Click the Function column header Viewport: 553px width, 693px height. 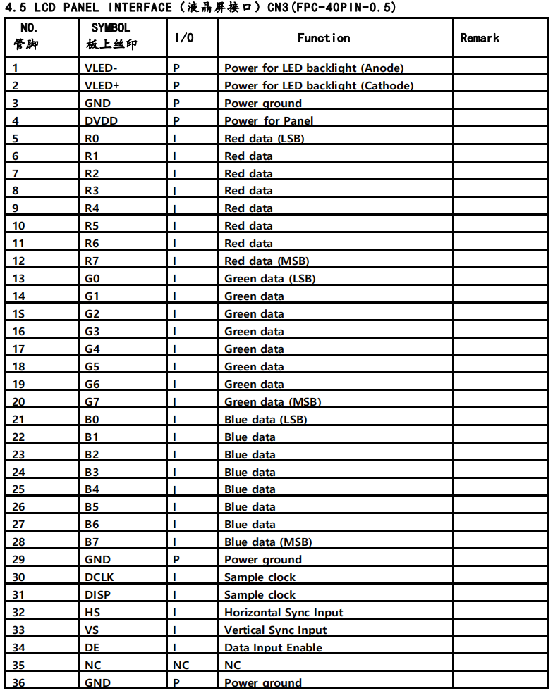(x=324, y=38)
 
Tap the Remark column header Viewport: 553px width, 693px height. (x=480, y=38)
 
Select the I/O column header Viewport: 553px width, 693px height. (x=184, y=38)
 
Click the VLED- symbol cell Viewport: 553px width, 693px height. (x=101, y=68)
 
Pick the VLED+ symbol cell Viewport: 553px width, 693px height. (x=102, y=86)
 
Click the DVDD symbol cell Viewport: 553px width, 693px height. (x=101, y=121)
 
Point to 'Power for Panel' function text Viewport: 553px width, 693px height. (x=269, y=121)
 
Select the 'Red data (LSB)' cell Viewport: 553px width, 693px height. (x=265, y=139)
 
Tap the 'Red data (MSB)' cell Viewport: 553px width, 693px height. (x=267, y=261)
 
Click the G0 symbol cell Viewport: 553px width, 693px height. (x=92, y=279)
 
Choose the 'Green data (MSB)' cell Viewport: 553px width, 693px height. (x=272, y=402)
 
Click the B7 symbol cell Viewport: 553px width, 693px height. (x=92, y=542)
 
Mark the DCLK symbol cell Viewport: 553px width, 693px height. (x=99, y=577)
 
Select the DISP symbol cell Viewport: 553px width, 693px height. (x=97, y=595)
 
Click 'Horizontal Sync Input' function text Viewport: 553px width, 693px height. (x=284, y=613)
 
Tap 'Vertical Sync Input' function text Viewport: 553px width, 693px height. (x=276, y=630)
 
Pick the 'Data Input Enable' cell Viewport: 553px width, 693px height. (x=273, y=648)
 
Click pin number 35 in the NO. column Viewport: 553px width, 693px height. (x=18, y=666)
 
